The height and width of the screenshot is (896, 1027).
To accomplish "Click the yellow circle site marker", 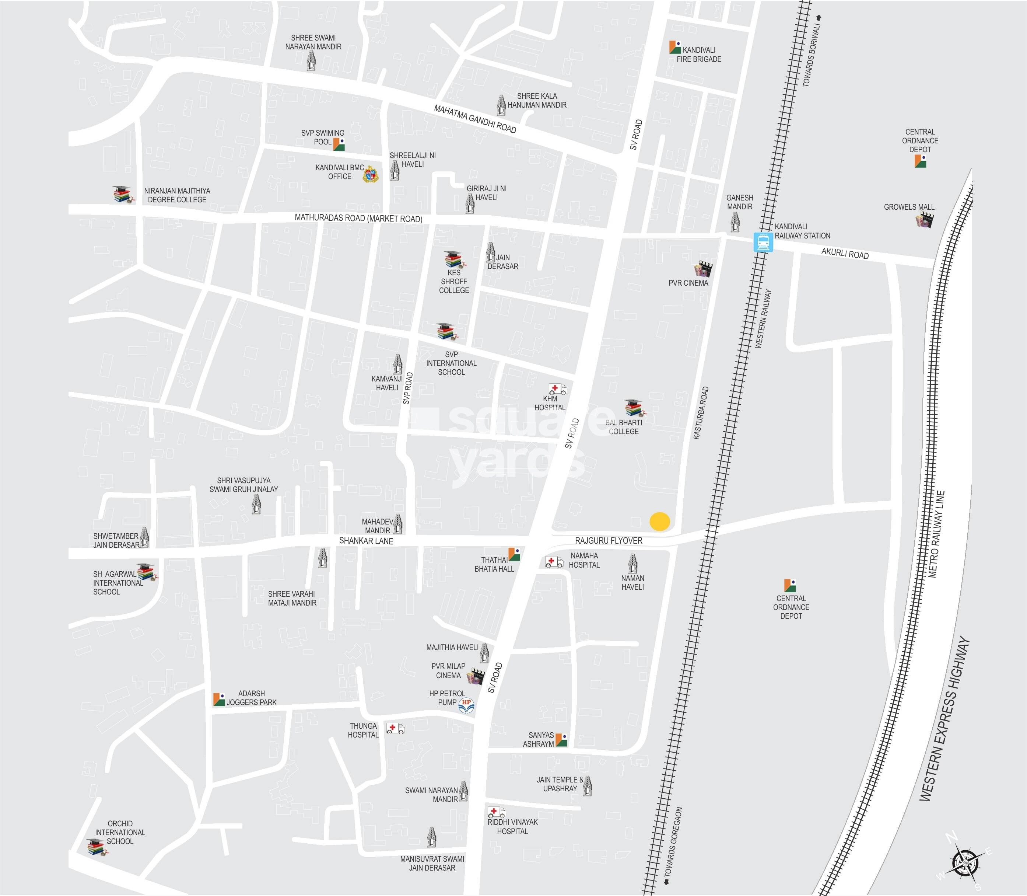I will pyautogui.click(x=660, y=522).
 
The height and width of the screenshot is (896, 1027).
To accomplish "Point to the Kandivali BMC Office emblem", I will pyautogui.click(x=370, y=174).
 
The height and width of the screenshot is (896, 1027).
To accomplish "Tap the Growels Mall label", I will pyautogui.click(x=908, y=207).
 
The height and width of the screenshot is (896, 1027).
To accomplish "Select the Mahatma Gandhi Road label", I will pyautogui.click(x=475, y=119).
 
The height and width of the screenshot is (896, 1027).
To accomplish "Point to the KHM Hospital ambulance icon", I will pyautogui.click(x=557, y=388).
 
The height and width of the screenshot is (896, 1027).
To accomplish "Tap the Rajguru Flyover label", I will pyautogui.click(x=609, y=540).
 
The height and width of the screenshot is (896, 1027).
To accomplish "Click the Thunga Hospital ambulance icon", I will pyautogui.click(x=395, y=729).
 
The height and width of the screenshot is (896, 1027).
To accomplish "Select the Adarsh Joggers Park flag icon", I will pyautogui.click(x=219, y=699).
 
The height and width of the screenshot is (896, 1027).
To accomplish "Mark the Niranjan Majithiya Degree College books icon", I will pyautogui.click(x=122, y=194).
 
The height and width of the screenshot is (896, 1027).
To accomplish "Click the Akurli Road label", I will pyautogui.click(x=845, y=254).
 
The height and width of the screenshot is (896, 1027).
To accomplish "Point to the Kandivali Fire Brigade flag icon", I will pyautogui.click(x=675, y=47).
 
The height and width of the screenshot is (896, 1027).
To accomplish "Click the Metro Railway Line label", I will pyautogui.click(x=936, y=535).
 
